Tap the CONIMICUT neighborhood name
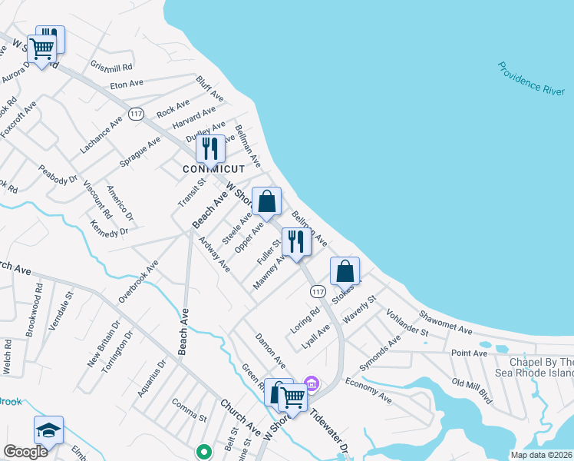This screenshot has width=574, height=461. [213, 169]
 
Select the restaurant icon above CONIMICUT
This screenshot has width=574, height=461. [209, 148]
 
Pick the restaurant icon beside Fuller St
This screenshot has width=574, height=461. [295, 241]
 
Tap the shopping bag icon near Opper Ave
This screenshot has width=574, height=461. [266, 202]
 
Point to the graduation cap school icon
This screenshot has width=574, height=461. [48, 430]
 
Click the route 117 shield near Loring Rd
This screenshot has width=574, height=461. [318, 291]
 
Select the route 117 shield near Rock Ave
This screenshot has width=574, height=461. [137, 114]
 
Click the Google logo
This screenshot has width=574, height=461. [26, 452]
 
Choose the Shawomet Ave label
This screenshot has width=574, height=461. [445, 323]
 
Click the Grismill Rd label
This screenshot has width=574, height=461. [112, 67]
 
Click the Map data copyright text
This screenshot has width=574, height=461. [541, 455]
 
